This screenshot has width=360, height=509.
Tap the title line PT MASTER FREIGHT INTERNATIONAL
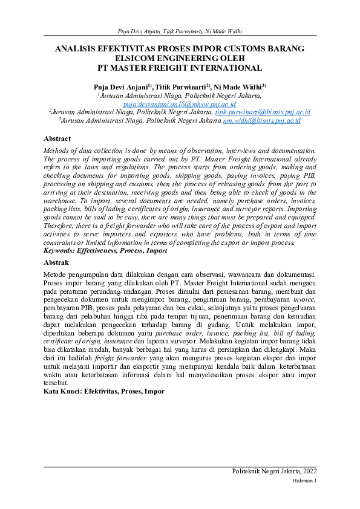click(180, 68)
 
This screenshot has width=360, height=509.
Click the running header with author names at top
click(180, 31)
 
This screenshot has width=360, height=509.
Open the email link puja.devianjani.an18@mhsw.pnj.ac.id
click(180, 104)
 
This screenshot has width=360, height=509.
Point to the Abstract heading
click(58, 138)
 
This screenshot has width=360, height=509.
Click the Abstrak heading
click(57, 262)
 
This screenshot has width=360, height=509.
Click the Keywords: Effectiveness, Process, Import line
click(106, 250)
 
